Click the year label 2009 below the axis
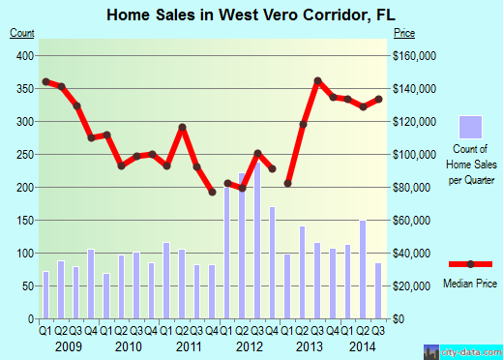click(68, 346)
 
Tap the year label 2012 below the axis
click(249, 346)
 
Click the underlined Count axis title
click(21, 33)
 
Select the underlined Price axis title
click(403, 33)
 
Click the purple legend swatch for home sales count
click(470, 128)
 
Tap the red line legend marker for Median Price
click(470, 263)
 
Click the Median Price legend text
click(470, 285)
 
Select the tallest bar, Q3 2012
click(257, 242)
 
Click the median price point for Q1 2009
click(45, 81)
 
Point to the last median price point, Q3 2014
click(378, 99)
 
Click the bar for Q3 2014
click(378, 290)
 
